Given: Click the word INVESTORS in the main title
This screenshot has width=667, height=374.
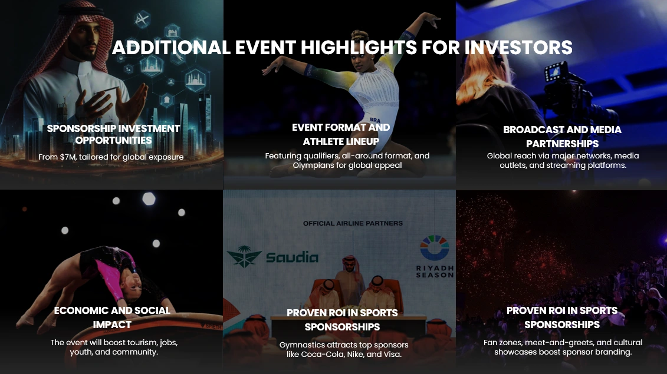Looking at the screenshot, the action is pyautogui.click(x=518, y=47).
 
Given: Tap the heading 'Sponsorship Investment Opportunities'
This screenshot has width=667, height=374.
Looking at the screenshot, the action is pyautogui.click(x=113, y=134).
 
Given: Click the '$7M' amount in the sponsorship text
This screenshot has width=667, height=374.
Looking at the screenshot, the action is pyautogui.click(x=67, y=157).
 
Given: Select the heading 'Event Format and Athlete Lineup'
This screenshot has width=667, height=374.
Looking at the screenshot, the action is pyautogui.click(x=341, y=134).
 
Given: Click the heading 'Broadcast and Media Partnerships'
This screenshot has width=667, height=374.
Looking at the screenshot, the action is pyautogui.click(x=562, y=137).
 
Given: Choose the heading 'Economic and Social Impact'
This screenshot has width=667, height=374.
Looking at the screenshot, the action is pyautogui.click(x=112, y=317).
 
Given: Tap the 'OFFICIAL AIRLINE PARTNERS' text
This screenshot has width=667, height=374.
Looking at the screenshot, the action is pyautogui.click(x=353, y=223).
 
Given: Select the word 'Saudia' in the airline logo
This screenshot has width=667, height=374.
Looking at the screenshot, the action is pyautogui.click(x=293, y=257).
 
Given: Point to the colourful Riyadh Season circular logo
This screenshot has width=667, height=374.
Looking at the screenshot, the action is pyautogui.click(x=434, y=247).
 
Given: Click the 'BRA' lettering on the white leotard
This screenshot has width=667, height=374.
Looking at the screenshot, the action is pyautogui.click(x=375, y=120).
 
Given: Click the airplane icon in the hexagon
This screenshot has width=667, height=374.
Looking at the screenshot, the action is pyautogui.click(x=142, y=19).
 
